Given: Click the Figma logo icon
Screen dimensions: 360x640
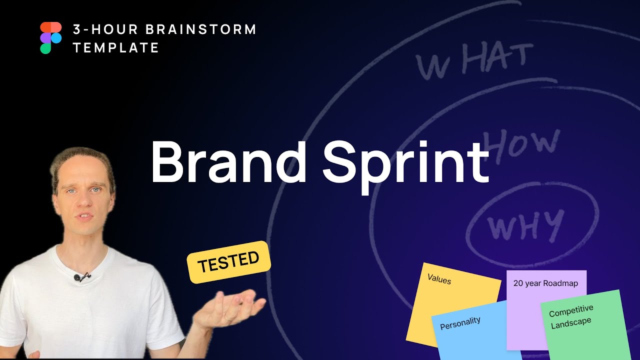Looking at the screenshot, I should pos(50,37).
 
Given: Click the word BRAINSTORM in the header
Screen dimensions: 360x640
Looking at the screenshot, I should pos(201,29).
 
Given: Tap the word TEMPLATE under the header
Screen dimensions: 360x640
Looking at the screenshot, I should pos(116,48).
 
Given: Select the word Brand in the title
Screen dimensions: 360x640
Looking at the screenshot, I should pos(228,161).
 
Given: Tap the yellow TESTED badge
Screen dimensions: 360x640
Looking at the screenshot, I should pos(228,261).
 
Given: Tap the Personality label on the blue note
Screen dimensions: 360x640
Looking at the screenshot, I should pos(460,323).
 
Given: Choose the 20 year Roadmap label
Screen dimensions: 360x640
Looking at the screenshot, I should pos(545,283).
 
